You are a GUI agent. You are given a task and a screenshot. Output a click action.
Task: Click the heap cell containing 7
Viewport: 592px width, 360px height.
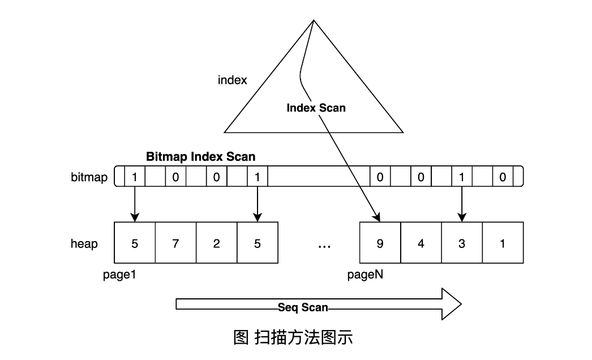coord(175,244)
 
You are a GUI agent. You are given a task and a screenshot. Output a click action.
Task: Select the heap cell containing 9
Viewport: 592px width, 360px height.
coord(380,244)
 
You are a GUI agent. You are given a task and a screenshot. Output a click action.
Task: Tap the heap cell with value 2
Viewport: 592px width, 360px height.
coord(217,244)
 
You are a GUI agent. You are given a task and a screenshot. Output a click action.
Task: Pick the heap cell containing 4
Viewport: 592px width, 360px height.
coord(421,244)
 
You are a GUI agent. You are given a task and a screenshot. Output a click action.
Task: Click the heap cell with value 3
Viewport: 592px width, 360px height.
coord(462,244)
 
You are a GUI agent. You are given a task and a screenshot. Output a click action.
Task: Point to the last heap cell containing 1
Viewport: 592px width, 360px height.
coord(503,244)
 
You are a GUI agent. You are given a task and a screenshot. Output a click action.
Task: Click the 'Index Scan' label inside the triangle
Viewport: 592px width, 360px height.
coord(316,108)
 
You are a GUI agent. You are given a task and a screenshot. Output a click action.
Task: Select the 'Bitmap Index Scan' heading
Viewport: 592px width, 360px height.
coord(200,156)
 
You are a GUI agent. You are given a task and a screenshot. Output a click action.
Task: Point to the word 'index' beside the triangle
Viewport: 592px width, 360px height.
coord(233,80)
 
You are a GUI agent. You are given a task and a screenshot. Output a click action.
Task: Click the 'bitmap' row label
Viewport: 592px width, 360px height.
coord(89,177)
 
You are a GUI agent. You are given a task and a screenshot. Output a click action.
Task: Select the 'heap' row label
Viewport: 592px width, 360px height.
coord(84,244)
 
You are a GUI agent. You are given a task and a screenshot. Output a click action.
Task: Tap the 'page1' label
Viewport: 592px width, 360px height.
coord(119,275)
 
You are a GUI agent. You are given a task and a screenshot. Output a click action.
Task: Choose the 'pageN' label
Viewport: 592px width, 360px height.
coord(366,275)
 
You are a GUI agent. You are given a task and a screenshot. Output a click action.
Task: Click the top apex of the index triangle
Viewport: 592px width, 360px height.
coord(313,21)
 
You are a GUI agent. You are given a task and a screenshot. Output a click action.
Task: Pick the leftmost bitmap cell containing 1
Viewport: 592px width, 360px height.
coord(134,177)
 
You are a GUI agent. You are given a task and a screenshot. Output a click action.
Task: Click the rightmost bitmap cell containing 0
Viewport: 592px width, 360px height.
coord(503,177)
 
